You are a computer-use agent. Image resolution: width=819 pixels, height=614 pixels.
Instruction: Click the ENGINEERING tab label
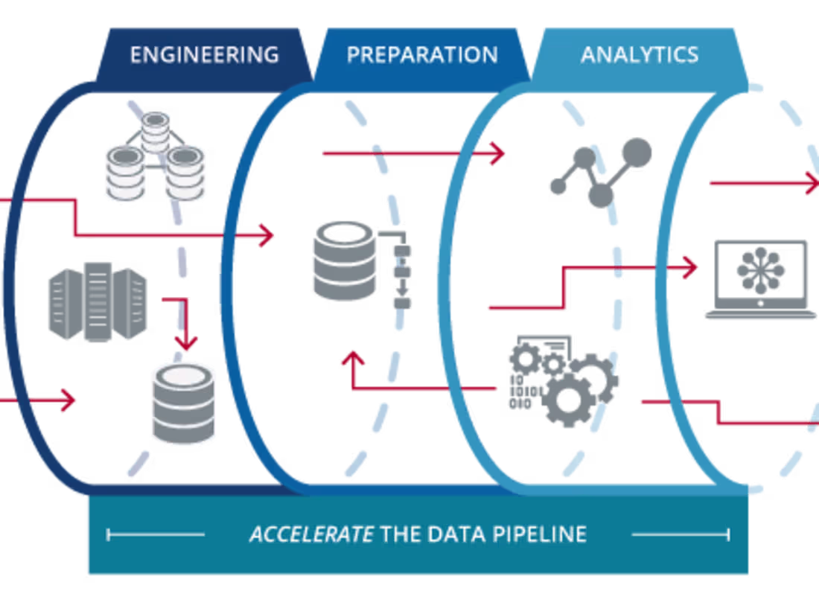coord(204,55)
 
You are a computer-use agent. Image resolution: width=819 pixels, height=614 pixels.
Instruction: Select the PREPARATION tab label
coord(422,55)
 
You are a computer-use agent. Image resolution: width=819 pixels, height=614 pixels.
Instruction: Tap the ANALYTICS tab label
coord(640,55)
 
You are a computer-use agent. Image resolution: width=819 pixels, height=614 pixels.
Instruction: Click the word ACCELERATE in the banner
coord(310,534)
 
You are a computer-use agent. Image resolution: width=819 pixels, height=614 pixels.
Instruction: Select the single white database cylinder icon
coord(183,403)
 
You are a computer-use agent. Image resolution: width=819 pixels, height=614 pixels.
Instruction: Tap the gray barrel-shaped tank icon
coord(97,302)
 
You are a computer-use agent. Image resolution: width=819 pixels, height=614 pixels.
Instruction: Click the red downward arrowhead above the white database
coord(186,342)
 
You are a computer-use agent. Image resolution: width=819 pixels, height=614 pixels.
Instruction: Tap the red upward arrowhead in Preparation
coord(353,359)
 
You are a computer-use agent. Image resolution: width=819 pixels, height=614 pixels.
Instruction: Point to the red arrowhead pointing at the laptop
coord(689,266)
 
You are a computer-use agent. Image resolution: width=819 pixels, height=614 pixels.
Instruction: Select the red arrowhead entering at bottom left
coord(69,400)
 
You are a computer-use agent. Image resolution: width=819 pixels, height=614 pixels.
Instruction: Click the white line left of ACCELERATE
coord(156,534)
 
